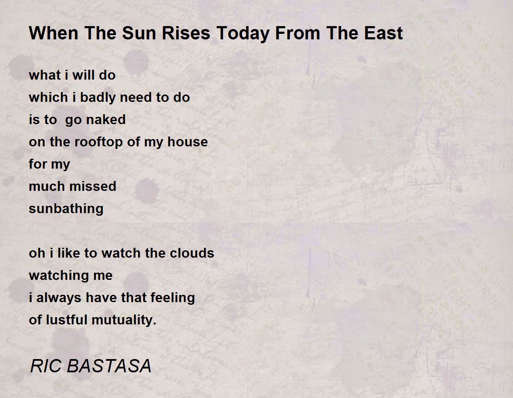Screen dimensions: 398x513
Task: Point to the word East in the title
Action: click(383, 33)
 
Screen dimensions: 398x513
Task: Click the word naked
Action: click(106, 119)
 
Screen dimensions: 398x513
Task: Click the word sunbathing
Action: click(66, 209)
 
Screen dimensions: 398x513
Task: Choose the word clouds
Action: click(192, 253)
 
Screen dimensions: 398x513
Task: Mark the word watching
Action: click(56, 276)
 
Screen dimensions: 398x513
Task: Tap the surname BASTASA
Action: click(109, 366)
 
